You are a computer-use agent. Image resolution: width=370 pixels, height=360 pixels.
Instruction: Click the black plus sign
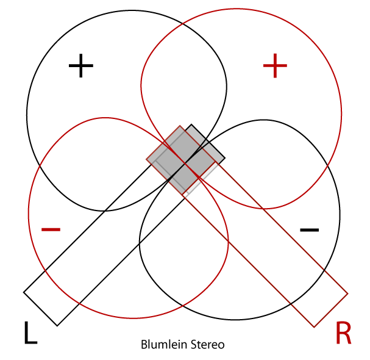(x=80, y=66)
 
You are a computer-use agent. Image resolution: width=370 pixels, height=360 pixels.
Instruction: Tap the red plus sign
(x=274, y=66)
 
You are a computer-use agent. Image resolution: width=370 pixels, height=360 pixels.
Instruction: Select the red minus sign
(x=51, y=229)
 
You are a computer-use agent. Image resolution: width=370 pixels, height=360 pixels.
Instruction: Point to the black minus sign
(x=310, y=229)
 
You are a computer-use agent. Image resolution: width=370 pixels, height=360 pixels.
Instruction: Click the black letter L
(x=30, y=333)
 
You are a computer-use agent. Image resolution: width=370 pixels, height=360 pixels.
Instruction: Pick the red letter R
(x=343, y=333)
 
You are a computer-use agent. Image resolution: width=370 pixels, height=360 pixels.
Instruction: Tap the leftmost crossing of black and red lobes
(x=40, y=168)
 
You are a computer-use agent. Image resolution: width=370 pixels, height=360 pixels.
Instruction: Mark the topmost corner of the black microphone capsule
(x=192, y=125)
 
